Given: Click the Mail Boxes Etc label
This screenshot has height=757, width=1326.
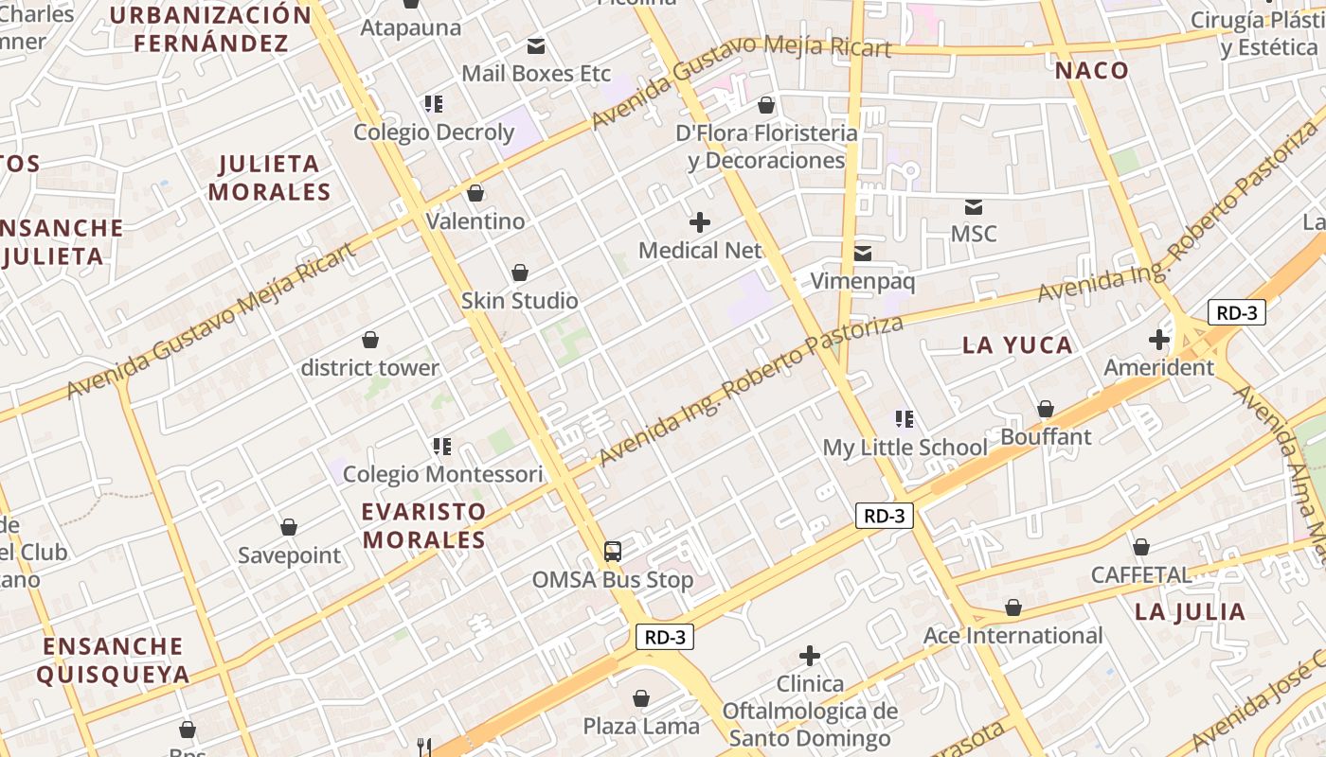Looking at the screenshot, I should (536, 74).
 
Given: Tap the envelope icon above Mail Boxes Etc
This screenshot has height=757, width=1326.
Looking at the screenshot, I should (536, 45).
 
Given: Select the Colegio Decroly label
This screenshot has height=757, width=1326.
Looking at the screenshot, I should (434, 132).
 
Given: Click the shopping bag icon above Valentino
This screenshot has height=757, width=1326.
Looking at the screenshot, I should (475, 193).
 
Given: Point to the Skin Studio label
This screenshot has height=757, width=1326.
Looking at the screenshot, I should (519, 301).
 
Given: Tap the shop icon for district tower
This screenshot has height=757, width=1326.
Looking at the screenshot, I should (370, 340).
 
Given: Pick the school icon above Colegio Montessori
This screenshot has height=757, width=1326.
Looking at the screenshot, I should (441, 446).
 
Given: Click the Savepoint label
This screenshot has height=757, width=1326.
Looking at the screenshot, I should (289, 555).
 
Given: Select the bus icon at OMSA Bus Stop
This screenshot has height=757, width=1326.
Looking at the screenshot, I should (613, 551).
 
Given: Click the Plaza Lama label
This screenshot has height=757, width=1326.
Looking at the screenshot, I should (641, 727).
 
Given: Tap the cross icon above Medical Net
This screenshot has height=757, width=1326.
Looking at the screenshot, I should (700, 222).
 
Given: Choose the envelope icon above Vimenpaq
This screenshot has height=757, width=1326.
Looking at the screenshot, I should (863, 253).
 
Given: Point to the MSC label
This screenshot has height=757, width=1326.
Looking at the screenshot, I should (974, 234).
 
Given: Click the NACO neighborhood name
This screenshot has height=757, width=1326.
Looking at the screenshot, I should (1092, 71).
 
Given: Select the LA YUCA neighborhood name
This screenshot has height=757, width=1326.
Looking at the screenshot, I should (1017, 345).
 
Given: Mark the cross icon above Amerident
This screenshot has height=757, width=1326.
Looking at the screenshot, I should (1159, 340).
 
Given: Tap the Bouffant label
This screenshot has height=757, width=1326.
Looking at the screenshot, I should (1046, 437).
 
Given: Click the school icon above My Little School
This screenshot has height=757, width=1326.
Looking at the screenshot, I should (905, 418).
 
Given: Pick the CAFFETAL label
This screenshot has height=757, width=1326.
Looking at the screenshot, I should (1141, 575).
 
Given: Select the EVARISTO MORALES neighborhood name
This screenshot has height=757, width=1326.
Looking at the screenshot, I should (424, 526).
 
